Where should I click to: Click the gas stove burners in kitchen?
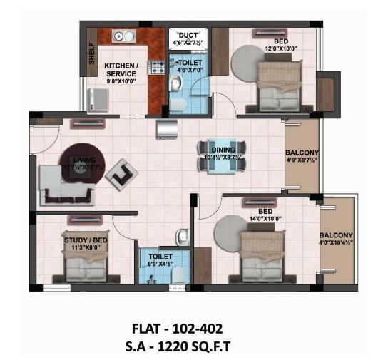pyautogui.click(x=156, y=66)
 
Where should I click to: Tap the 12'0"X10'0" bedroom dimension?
pyautogui.click(x=275, y=49)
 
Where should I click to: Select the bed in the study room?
pyautogui.click(x=85, y=264)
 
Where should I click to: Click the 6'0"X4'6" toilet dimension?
pyautogui.click(x=160, y=263)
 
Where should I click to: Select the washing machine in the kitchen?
pyautogui.click(x=99, y=100)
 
